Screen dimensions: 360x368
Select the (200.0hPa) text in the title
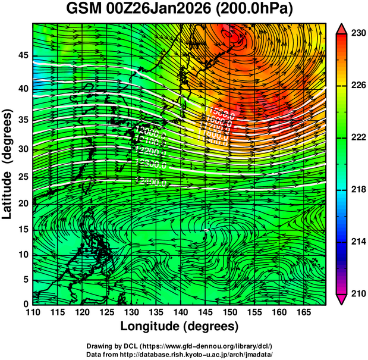pyautogui.click(x=253, y=10)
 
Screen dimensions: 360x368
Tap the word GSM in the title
pyautogui.click(x=83, y=10)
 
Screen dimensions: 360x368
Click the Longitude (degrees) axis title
pyautogui.click(x=179, y=327)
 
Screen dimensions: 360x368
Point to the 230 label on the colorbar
pyautogui.click(x=358, y=34)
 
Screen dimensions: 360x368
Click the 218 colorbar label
pyautogui.click(x=358, y=190)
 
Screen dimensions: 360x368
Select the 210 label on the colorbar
pyautogui.click(x=358, y=293)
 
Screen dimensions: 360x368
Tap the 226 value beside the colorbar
pyautogui.click(x=358, y=86)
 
